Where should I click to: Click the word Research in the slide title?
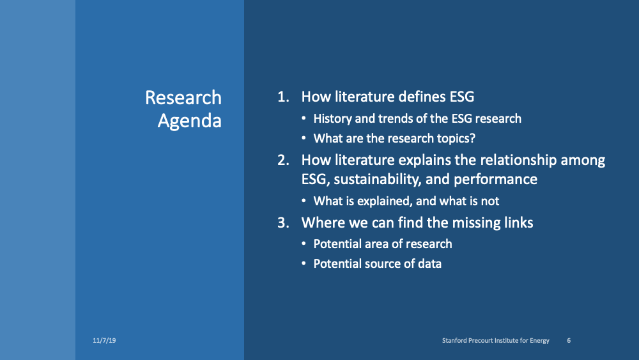183,98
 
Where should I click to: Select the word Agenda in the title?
190,121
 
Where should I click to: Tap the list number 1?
282,97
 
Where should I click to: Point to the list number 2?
282,160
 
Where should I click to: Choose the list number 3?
282,223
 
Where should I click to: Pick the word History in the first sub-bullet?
333,119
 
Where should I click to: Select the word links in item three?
517,223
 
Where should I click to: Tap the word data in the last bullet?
429,263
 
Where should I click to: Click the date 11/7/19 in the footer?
104,341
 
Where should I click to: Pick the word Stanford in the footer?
456,341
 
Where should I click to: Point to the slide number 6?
569,341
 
